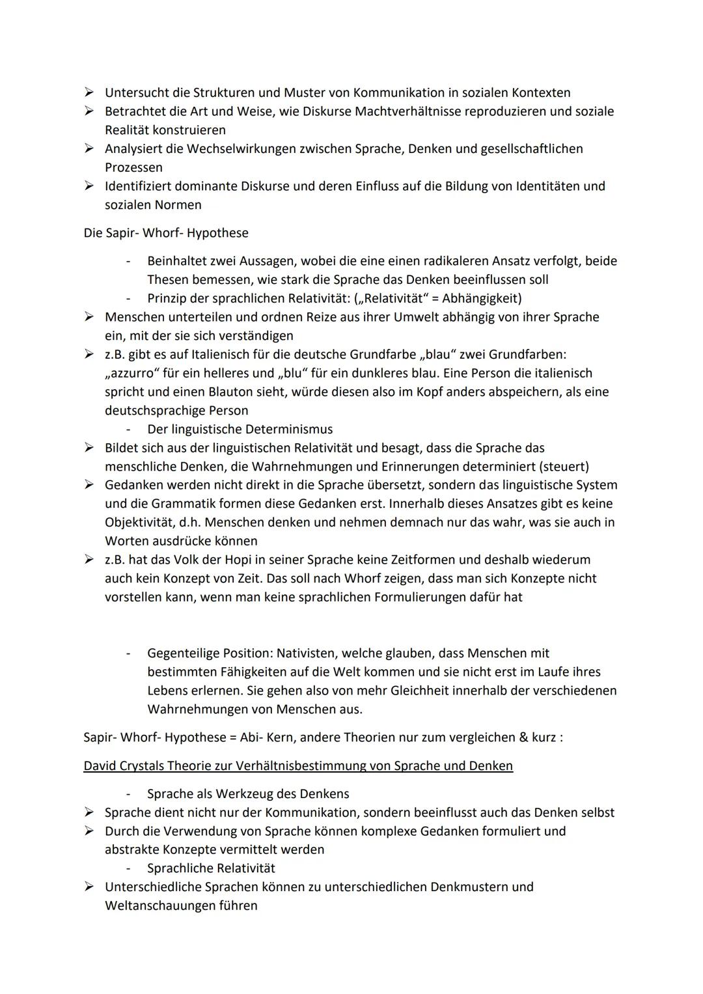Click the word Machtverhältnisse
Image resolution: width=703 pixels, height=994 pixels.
(x=409, y=111)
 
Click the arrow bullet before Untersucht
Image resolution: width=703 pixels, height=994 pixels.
(x=89, y=93)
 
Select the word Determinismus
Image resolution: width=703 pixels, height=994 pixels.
(x=289, y=430)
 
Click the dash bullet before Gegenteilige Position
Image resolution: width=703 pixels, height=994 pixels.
(x=129, y=653)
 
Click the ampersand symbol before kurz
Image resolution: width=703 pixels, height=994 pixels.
(x=522, y=738)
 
